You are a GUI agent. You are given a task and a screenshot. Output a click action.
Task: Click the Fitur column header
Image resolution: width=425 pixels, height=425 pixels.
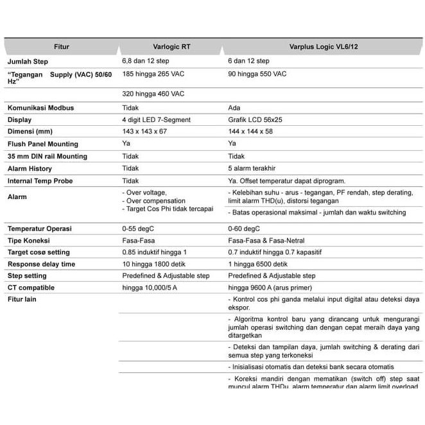click(62, 47)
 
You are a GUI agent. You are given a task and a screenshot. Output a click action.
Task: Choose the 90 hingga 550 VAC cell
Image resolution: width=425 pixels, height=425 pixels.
click(257, 74)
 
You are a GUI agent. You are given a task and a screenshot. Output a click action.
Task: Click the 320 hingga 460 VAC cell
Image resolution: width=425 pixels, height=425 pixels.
click(153, 94)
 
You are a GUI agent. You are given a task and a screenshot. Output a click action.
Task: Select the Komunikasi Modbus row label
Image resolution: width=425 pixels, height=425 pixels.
click(40, 108)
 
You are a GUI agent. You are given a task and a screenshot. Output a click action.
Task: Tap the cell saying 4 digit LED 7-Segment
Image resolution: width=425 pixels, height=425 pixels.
click(156, 120)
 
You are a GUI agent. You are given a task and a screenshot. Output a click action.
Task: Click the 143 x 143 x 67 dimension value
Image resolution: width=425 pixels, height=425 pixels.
click(144, 132)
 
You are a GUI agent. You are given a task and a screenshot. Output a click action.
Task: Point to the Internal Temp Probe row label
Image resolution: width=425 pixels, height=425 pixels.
click(40, 181)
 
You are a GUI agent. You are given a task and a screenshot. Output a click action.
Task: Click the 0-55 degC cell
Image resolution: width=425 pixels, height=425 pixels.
click(137, 229)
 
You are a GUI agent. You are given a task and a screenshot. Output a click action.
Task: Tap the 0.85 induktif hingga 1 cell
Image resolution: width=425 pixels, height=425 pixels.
click(154, 252)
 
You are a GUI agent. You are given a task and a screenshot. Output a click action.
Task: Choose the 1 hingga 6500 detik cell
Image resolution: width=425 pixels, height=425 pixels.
click(258, 264)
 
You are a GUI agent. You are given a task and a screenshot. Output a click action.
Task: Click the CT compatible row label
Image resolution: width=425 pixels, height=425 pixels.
click(31, 288)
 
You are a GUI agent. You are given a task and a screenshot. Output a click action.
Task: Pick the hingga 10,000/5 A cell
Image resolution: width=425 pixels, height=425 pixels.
click(150, 288)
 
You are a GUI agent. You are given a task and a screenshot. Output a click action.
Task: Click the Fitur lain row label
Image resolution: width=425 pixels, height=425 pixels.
click(22, 300)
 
